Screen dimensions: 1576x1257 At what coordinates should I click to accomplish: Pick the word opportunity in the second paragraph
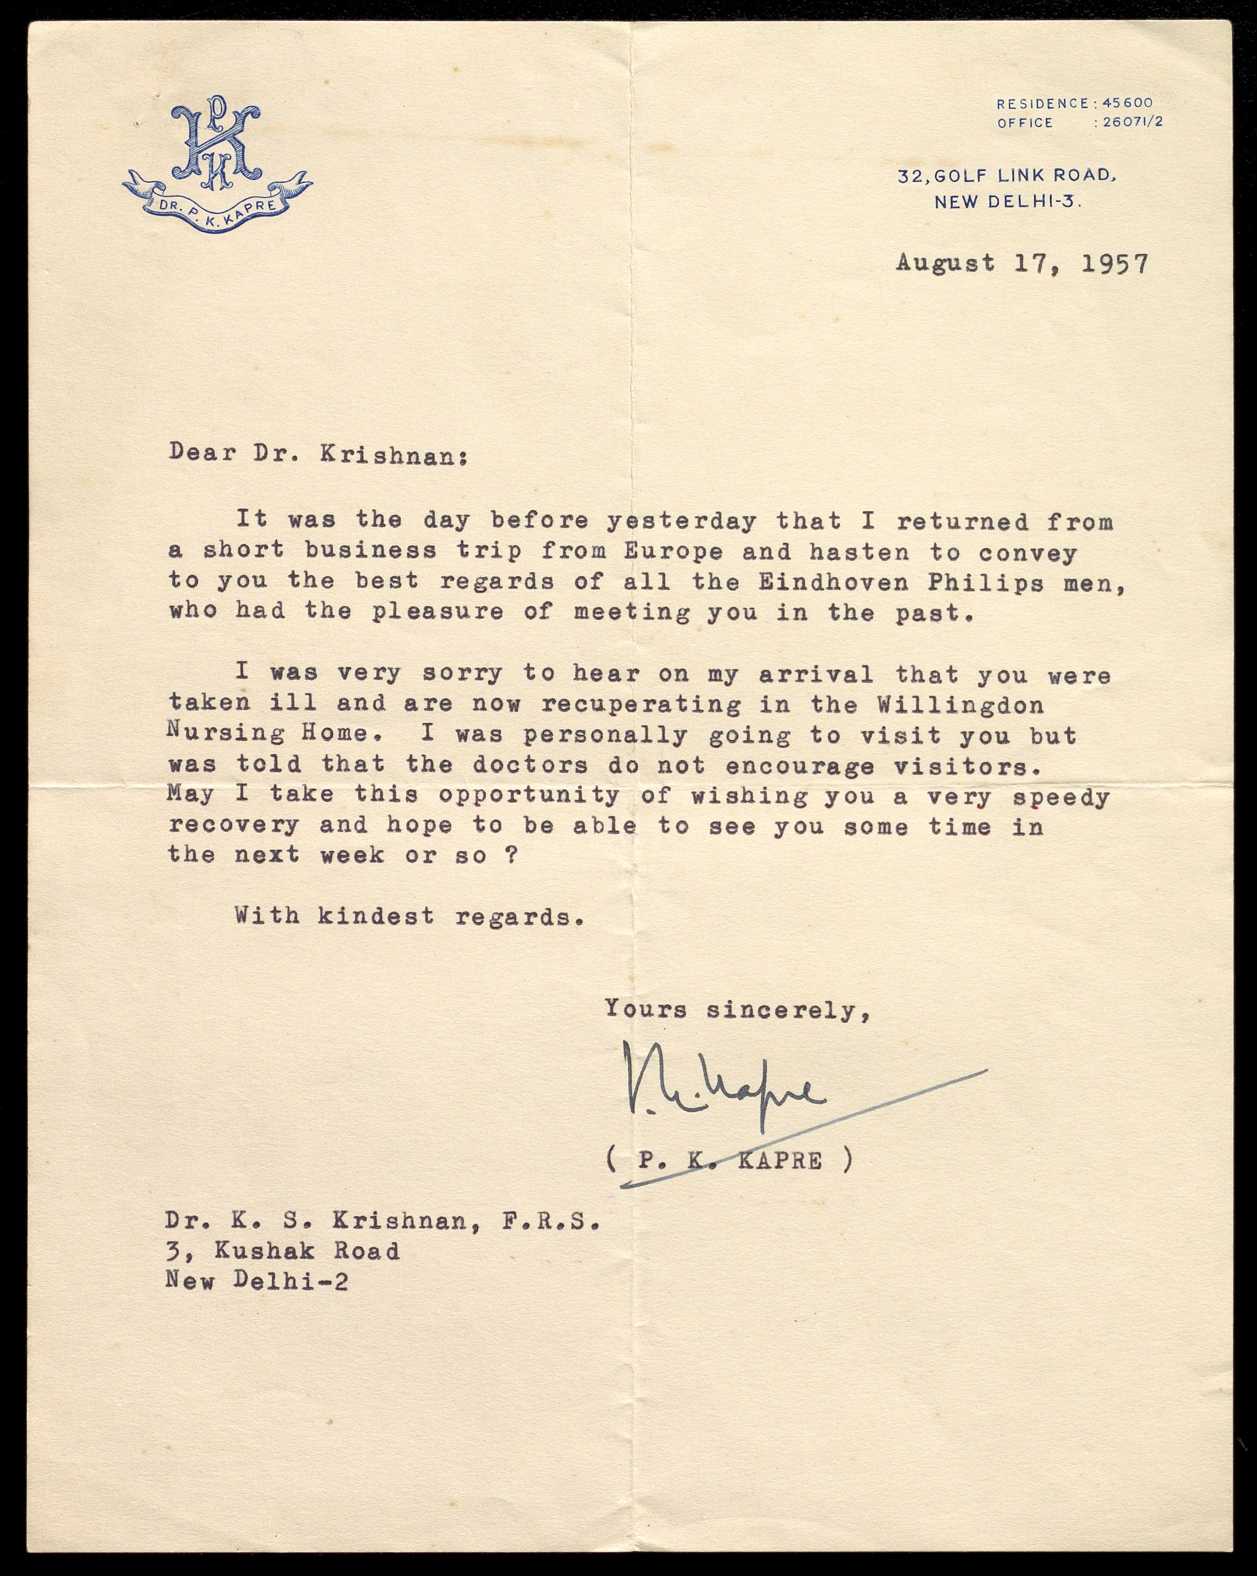[528, 796]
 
